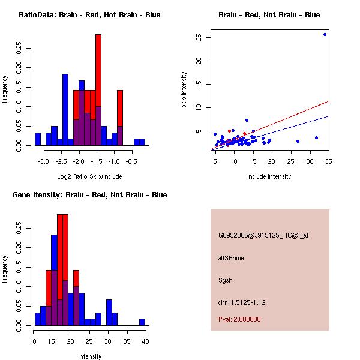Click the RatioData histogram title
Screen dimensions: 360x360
tap(89, 15)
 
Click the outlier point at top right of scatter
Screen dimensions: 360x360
tap(325, 34)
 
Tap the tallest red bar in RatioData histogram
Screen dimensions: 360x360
tap(98, 90)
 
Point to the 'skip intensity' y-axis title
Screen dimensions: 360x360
tap(184, 90)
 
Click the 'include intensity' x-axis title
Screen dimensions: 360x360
tap(269, 176)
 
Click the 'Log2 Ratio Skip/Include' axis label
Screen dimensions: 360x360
tap(89, 176)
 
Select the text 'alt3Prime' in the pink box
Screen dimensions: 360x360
tap(231, 258)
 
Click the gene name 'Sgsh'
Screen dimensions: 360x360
tap(225, 280)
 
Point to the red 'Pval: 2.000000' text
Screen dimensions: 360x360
tap(239, 319)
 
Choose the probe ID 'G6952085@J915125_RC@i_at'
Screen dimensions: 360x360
tap(263, 236)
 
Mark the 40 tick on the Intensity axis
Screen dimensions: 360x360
tap(146, 341)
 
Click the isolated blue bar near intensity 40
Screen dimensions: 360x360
tap(142, 322)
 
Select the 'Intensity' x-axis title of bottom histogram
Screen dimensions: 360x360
tap(90, 356)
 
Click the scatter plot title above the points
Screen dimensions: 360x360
tap(269, 15)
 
